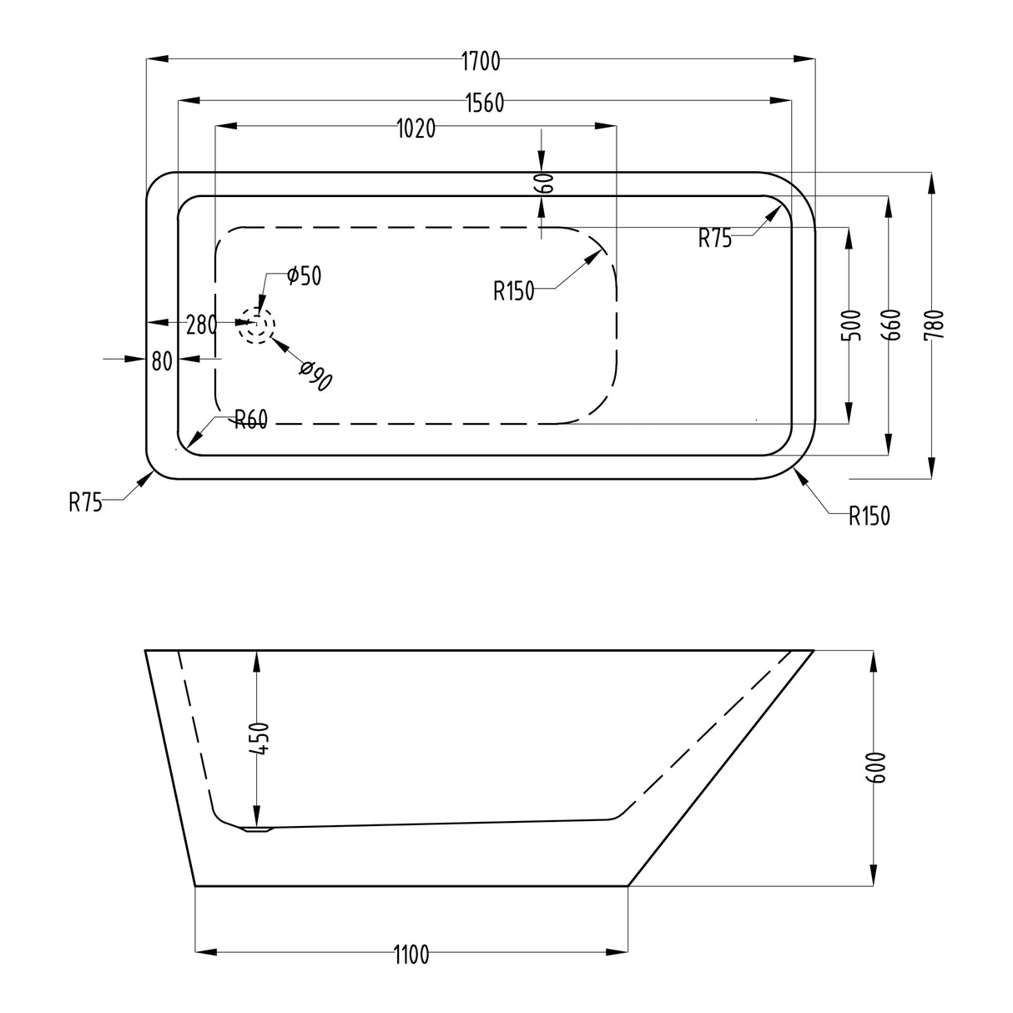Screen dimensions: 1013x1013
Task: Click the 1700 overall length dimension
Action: tap(480, 60)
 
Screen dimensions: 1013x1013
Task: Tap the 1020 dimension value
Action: tap(416, 129)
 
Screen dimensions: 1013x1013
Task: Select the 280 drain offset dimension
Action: tap(201, 324)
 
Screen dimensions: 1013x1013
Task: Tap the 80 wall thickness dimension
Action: tap(162, 360)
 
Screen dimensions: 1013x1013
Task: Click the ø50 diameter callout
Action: tap(303, 276)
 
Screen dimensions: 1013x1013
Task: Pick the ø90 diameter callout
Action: tap(318, 376)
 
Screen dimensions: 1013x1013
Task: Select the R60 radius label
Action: tap(249, 420)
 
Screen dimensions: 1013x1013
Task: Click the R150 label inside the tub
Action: tap(513, 291)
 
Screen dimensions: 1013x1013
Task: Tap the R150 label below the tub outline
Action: tap(869, 517)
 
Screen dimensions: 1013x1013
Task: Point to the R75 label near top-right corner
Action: tap(715, 239)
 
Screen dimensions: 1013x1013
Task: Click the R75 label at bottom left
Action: tap(86, 501)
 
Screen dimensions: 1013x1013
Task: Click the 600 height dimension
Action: tap(875, 766)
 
